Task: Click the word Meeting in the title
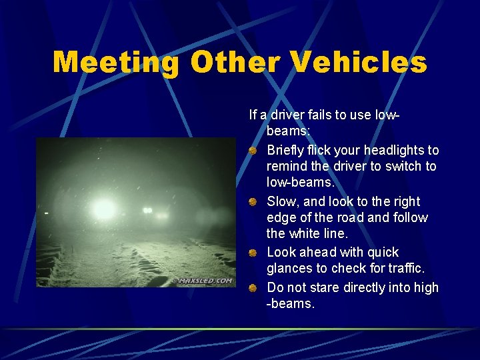(x=116, y=63)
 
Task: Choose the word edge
(x=280, y=218)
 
